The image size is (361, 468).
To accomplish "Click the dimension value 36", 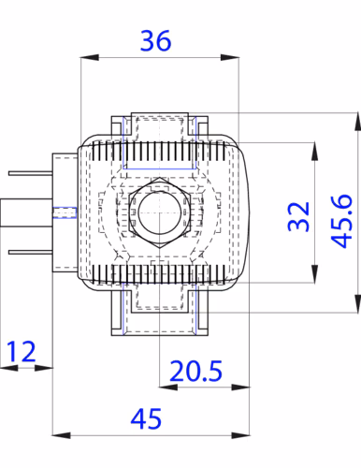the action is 155,40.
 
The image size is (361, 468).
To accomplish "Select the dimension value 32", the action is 299,216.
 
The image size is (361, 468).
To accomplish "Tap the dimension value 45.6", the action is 341,221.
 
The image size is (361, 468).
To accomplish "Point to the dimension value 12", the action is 21,351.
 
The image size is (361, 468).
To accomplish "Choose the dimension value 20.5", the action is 195,371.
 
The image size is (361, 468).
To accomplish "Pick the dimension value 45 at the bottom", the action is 146,418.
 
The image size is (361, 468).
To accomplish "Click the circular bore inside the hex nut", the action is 160,212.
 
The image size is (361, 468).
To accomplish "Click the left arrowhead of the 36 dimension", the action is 90,57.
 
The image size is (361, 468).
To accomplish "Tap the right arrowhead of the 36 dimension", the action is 230,57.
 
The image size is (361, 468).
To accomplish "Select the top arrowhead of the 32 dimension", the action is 314,152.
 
